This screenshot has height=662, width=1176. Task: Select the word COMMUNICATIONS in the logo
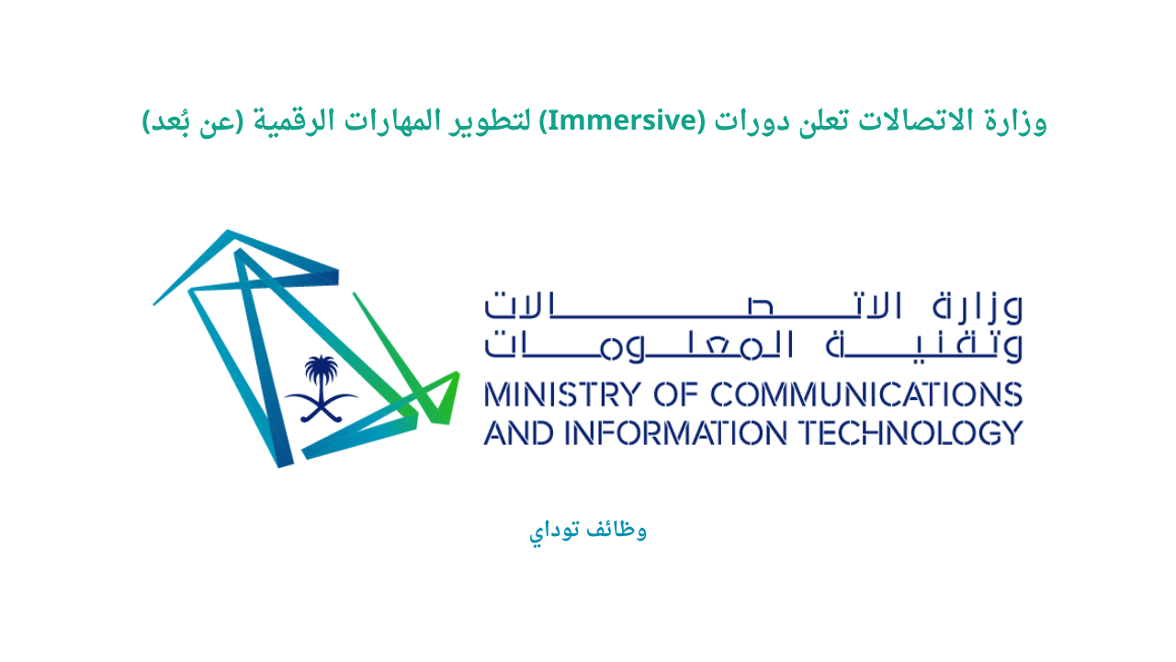[866, 394]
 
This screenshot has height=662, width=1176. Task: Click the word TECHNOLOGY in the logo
[904, 432]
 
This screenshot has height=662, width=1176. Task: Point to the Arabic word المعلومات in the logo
[698, 343]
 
